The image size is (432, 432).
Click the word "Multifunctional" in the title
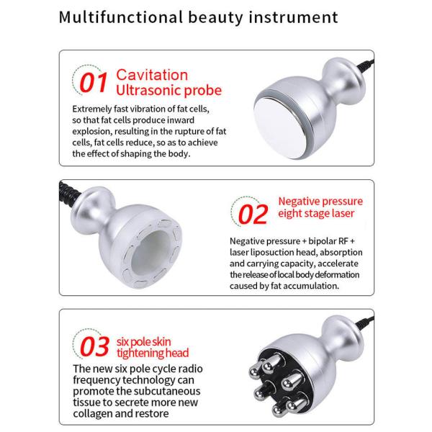(121, 17)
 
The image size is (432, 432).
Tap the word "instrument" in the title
(294, 17)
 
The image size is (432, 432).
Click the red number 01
(94, 82)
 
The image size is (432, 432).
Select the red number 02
(253, 214)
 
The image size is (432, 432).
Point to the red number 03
(94, 346)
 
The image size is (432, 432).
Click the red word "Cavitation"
(152, 75)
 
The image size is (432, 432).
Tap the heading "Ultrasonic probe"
(169, 91)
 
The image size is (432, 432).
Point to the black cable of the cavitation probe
(366, 66)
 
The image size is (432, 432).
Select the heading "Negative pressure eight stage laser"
(320, 207)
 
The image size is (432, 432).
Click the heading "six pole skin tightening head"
(153, 348)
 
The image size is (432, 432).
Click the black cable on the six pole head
(365, 323)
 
